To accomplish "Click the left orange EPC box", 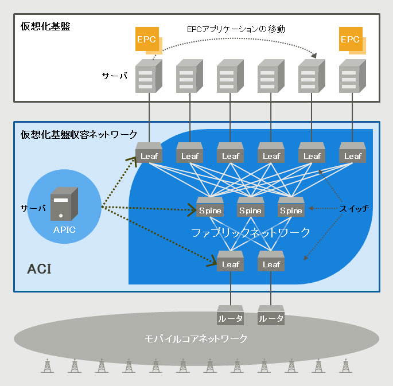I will [x=145, y=39].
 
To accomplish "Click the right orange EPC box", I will [x=350, y=39].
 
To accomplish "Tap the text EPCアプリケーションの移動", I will [x=236, y=28].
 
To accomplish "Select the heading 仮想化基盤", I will [x=45, y=26].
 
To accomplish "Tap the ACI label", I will [x=39, y=268].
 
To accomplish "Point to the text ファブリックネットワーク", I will [x=251, y=232].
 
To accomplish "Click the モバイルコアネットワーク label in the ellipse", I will [x=196, y=338].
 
